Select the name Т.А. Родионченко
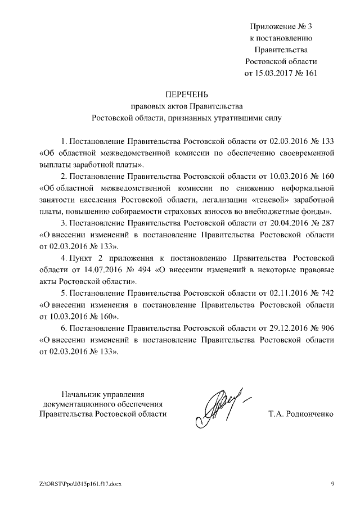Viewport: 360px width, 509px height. (x=301, y=415)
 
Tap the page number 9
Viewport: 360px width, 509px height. (x=332, y=484)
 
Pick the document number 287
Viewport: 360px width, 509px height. (x=327, y=223)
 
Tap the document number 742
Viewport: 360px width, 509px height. (x=327, y=293)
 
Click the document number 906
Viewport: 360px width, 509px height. (x=327, y=328)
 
